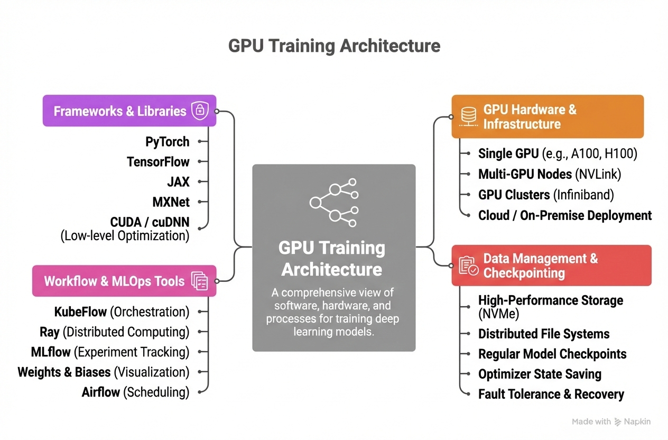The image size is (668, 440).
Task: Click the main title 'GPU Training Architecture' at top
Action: coord(334,46)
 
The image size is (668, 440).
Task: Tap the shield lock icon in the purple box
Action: coord(200,111)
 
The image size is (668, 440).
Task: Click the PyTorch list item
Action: coord(167,142)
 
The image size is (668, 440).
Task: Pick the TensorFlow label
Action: coord(158,162)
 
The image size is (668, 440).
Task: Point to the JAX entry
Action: coord(178,182)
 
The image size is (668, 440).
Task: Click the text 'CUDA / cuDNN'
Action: coord(150,222)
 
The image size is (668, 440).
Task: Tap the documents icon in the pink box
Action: coord(200,281)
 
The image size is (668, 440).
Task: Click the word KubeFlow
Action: coord(80,311)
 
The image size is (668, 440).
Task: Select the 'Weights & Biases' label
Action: coord(64,372)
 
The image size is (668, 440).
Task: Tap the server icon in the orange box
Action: coord(468,116)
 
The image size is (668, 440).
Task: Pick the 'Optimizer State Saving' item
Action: coord(540,374)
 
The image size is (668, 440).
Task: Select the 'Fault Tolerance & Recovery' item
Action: coord(551,394)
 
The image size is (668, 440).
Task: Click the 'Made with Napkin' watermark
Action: coord(611,421)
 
